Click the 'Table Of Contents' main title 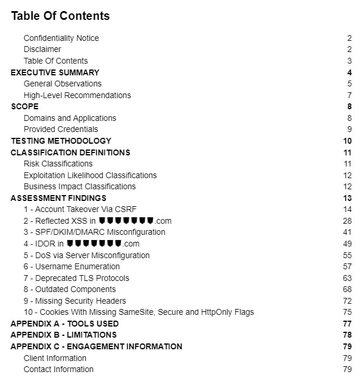pos(60,16)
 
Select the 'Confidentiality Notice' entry pos(61,38)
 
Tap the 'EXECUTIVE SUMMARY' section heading pos(55,72)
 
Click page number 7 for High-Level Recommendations pos(349,95)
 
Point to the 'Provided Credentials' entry pos(61,129)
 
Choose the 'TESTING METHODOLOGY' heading pos(61,141)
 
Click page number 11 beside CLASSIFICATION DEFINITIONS pos(347,152)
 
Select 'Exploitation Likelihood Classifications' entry pos(90,175)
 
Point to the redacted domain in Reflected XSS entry pos(126,221)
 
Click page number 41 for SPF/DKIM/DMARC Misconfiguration pos(347,232)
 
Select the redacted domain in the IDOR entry pos(94,244)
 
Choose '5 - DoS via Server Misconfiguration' pos(86,255)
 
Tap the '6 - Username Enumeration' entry pos(71,266)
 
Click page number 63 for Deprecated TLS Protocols pos(347,278)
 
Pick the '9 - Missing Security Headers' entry pos(78,301)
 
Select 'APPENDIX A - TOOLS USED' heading pos(64,324)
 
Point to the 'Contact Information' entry pos(58,369)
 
